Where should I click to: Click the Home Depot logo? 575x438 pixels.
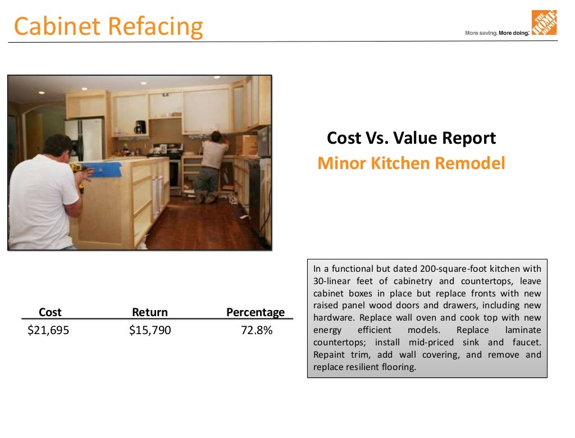click(544, 23)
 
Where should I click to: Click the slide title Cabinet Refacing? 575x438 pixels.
click(108, 26)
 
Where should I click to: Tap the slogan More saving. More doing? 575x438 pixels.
click(497, 33)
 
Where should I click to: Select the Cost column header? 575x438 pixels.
click(50, 312)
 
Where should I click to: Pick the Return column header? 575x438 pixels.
click(149, 312)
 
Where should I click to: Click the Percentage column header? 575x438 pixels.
click(255, 312)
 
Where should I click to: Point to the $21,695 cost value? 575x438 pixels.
click(48, 330)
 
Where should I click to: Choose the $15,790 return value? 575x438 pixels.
click(150, 330)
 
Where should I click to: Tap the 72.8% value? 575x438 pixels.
click(257, 330)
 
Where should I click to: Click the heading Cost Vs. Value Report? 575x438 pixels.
click(412, 138)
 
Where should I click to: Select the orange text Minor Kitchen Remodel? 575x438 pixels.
click(412, 163)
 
